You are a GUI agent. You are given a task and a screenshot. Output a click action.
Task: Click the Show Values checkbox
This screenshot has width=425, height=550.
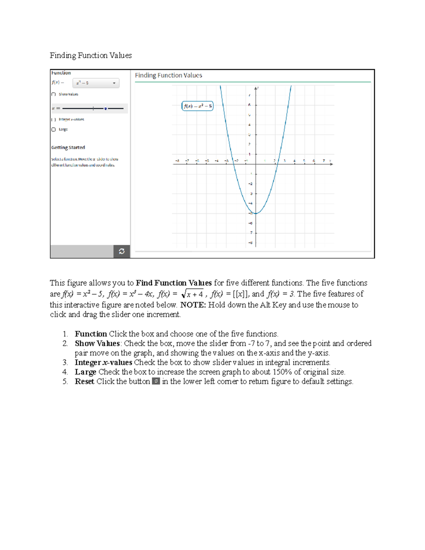click(53, 94)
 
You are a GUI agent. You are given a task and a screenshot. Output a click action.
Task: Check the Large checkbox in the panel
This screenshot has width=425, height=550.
click(53, 130)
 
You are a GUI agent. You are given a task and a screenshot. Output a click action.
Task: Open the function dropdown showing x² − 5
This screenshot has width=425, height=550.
click(96, 83)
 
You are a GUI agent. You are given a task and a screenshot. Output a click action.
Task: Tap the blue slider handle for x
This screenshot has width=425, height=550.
click(106, 108)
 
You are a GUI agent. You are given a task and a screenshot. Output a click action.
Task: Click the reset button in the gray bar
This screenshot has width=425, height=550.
click(121, 251)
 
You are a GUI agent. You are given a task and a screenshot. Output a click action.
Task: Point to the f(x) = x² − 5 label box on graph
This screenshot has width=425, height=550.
click(197, 106)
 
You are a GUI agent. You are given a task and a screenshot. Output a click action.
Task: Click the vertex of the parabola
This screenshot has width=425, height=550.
click(256, 213)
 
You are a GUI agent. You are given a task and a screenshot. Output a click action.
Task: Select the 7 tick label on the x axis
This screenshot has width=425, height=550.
click(323, 161)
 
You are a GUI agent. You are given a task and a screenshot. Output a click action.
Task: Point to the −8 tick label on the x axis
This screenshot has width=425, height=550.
click(177, 161)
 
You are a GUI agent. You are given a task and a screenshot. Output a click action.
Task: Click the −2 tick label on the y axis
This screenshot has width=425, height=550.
click(250, 183)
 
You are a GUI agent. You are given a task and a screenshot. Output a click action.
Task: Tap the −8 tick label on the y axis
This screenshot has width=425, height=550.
click(250, 243)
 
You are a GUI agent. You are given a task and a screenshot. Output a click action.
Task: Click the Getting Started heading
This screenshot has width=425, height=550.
click(68, 147)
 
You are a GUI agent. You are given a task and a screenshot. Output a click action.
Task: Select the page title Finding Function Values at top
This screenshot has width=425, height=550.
click(91, 55)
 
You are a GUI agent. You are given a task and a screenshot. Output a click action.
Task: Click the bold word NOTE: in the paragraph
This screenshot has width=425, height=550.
click(193, 305)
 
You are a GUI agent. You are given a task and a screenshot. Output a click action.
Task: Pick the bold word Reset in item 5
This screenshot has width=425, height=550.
click(84, 381)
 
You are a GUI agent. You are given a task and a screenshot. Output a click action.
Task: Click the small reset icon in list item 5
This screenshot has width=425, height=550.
click(156, 381)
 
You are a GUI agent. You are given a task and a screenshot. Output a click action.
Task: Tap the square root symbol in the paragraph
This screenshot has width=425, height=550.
click(183, 294)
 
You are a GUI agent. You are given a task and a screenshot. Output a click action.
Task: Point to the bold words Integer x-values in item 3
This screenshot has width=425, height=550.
click(103, 362)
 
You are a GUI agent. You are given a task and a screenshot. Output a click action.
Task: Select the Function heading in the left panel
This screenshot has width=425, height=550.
click(61, 73)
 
